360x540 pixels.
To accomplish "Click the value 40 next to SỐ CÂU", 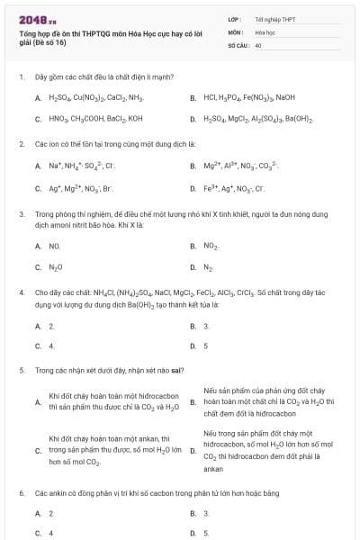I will pos(258,43).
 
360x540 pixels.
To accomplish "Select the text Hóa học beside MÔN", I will pos(265,31).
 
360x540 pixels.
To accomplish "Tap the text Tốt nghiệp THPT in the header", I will pos(274,18).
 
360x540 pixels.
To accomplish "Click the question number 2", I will pos(22,143).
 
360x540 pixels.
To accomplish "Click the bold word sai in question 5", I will pos(178,370).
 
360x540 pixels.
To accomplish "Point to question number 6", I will pos(22,493).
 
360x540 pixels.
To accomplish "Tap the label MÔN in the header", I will pos(237,31).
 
